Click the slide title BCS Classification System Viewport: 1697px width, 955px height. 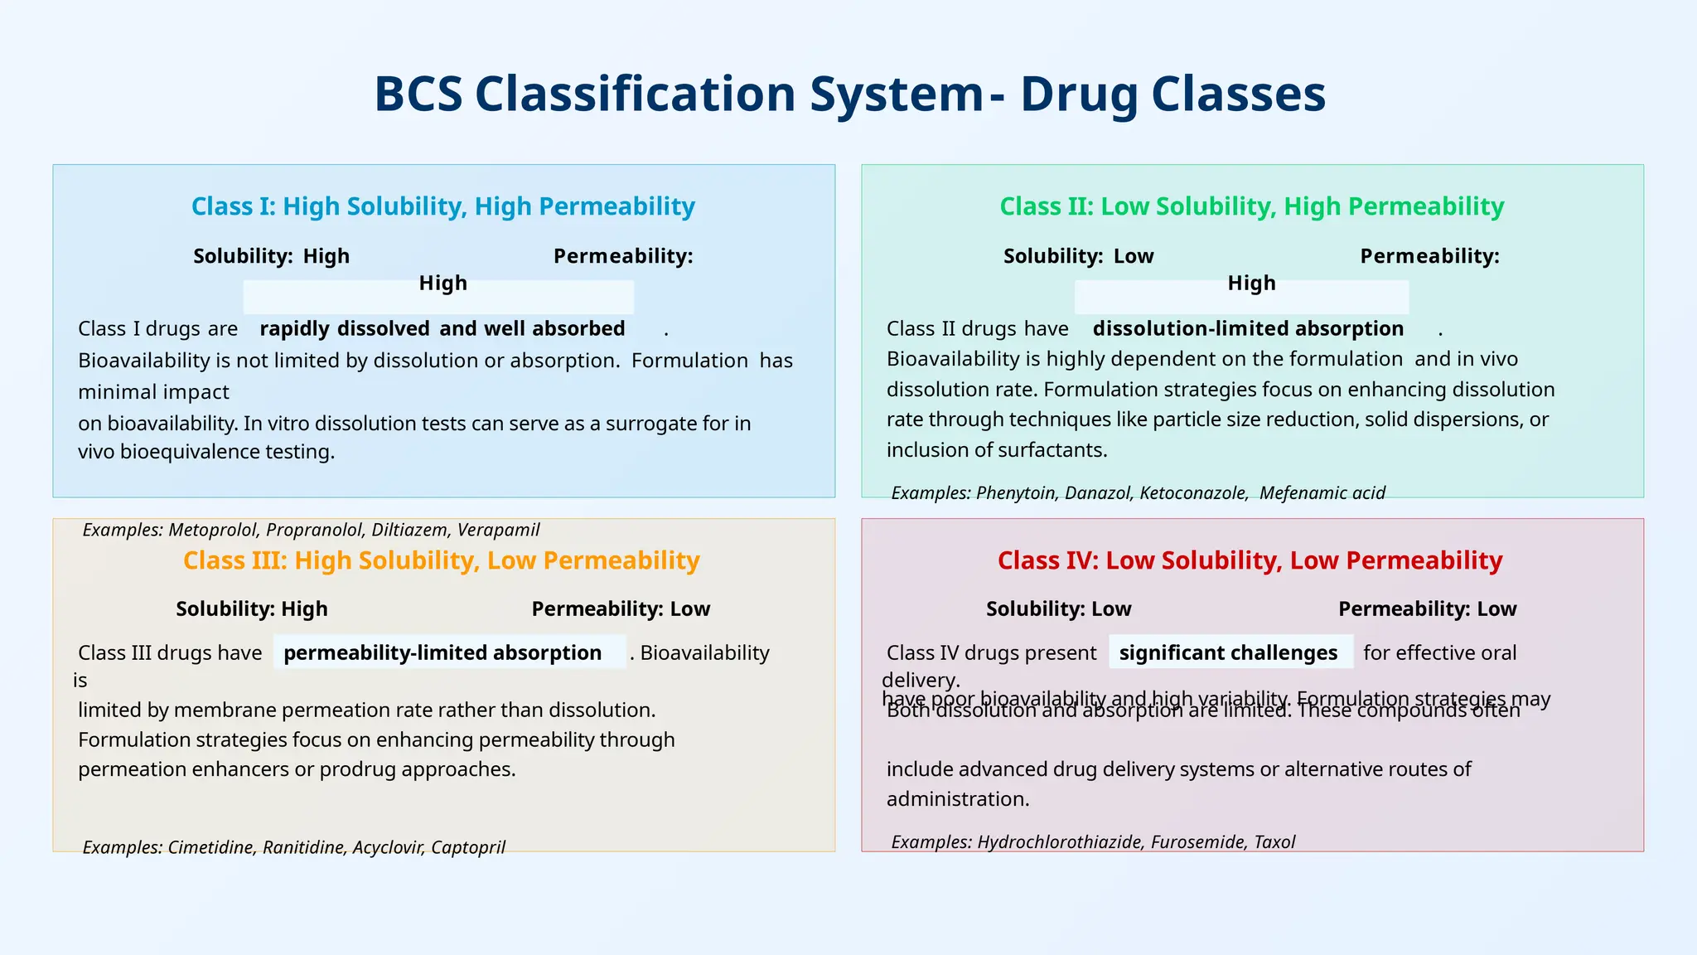(x=849, y=94)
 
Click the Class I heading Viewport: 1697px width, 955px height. (x=442, y=206)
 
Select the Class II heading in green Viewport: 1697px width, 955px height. (x=1251, y=206)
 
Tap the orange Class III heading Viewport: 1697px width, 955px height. (x=441, y=560)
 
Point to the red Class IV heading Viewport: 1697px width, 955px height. (x=1250, y=560)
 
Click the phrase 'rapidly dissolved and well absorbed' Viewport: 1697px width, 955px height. (x=442, y=328)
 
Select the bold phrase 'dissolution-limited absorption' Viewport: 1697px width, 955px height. (x=1248, y=328)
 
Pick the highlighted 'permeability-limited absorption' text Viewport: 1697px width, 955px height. (x=442, y=652)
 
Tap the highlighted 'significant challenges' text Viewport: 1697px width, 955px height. (x=1228, y=652)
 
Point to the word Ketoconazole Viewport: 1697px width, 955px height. (x=1193, y=493)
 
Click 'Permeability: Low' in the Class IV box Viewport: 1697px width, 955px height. (x=1427, y=609)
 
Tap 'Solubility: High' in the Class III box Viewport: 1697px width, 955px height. (x=252, y=609)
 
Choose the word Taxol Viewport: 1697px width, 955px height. (x=1274, y=842)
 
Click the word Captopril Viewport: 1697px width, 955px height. (x=468, y=847)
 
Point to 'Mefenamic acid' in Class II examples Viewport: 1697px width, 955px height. (x=1322, y=493)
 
